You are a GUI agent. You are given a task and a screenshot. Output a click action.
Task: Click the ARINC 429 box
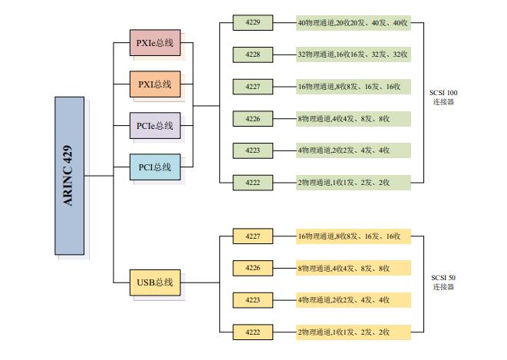(x=69, y=176)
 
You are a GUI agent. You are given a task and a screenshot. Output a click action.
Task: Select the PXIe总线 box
(x=155, y=43)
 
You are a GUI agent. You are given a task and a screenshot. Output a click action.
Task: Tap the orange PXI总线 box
(x=155, y=84)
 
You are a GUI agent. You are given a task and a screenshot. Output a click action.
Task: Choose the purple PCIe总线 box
(x=155, y=126)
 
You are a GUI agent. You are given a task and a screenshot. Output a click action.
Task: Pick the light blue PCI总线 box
(x=155, y=167)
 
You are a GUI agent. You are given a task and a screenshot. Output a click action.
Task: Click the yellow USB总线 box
(x=155, y=282)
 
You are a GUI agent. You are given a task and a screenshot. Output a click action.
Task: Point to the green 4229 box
(x=253, y=23)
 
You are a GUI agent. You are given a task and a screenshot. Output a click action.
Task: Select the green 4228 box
(x=253, y=54)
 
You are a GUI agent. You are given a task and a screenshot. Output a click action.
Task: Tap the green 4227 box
(x=253, y=87)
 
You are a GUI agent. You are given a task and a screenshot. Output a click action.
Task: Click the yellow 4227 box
(x=253, y=236)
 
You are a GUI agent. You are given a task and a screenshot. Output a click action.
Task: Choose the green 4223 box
(x=253, y=150)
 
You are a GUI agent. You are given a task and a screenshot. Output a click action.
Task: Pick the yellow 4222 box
(x=253, y=332)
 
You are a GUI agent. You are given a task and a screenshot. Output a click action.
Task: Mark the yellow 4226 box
(x=253, y=268)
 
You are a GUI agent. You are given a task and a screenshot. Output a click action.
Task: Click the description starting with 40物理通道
(x=353, y=23)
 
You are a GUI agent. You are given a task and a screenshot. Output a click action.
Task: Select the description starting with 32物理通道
(x=353, y=54)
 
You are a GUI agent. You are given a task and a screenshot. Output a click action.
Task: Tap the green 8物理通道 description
(x=353, y=118)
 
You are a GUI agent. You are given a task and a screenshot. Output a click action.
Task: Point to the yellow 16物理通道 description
(x=353, y=236)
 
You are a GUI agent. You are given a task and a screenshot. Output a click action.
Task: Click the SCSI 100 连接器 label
(x=443, y=97)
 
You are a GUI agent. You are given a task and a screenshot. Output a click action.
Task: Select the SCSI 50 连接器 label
(x=443, y=282)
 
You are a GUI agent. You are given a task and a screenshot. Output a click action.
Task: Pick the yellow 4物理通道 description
(x=353, y=299)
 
